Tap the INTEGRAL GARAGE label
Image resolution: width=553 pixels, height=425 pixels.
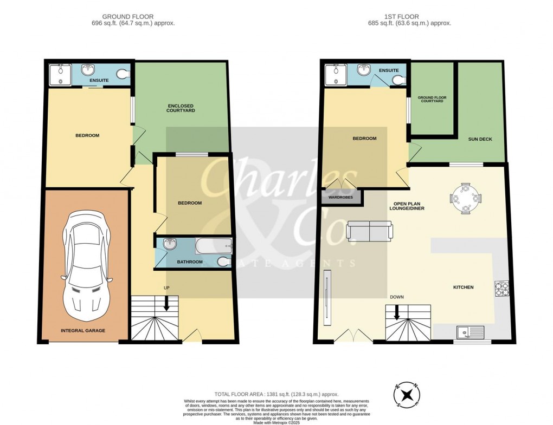[83, 330]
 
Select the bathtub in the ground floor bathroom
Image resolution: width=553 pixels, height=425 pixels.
[213, 247]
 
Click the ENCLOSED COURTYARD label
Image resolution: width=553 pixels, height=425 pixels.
[181, 108]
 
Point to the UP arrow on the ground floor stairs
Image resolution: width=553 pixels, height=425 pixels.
[166, 303]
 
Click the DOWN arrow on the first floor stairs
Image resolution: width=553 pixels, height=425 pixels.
[397, 312]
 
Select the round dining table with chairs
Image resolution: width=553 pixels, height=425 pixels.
[466, 199]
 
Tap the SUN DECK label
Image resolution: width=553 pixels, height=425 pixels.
[480, 139]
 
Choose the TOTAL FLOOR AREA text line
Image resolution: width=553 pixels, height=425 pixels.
[276, 395]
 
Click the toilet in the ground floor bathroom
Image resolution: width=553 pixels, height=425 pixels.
[223, 262]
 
